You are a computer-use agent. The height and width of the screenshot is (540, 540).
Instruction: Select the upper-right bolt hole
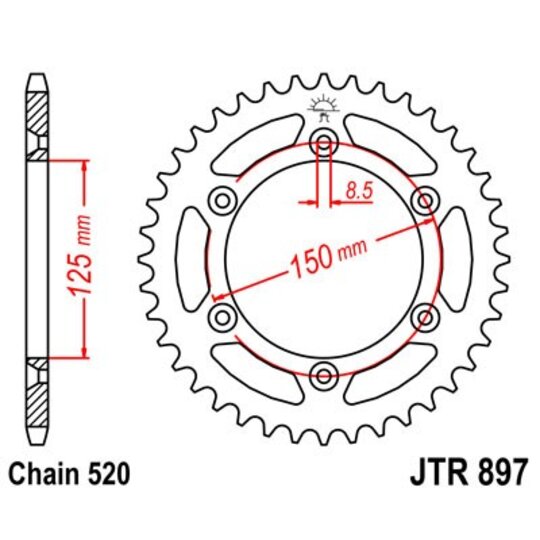[x=425, y=201]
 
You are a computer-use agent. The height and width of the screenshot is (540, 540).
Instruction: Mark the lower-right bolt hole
[x=425, y=318]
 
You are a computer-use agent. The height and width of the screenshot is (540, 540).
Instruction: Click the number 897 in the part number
[x=501, y=471]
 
